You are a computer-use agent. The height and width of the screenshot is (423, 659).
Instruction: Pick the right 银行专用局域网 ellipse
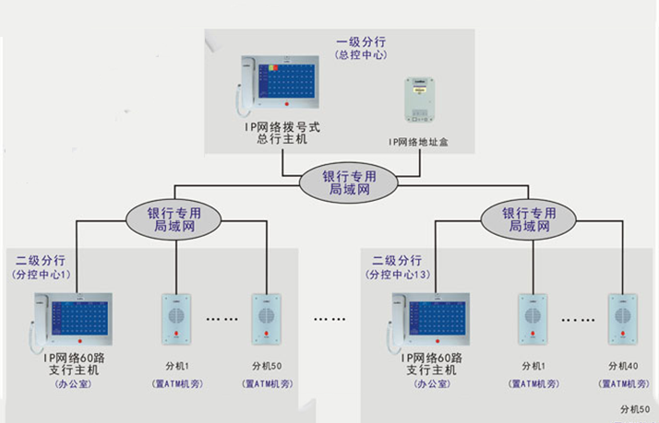coord(529,218)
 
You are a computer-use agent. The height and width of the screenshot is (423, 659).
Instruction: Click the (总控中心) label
coord(361,55)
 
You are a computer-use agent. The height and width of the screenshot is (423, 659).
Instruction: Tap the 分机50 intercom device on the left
coord(266,319)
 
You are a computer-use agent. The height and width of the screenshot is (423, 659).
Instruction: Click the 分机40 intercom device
coord(623,319)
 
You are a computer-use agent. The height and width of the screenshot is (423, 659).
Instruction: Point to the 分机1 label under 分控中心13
coord(533,364)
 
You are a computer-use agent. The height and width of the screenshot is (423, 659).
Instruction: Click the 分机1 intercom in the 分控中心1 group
coord(175,319)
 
